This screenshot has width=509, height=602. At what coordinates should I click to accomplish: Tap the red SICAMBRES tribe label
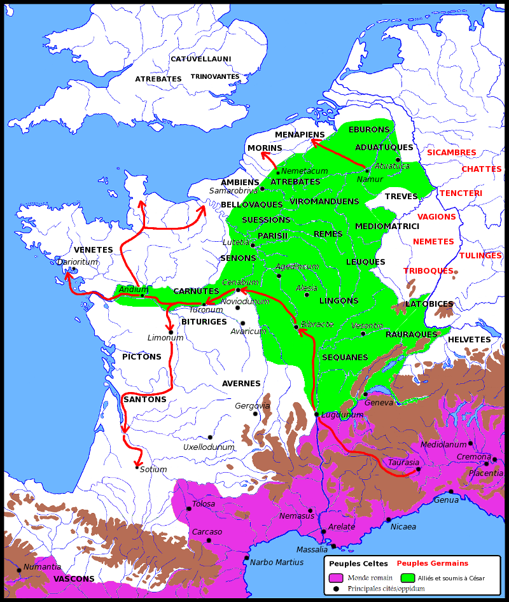coord(451,153)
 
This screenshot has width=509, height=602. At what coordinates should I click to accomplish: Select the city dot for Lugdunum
coord(316,414)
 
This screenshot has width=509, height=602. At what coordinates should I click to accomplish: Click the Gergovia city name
coord(253,406)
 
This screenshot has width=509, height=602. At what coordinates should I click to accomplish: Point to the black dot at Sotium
coord(137,468)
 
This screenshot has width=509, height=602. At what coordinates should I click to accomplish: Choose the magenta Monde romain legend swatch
coord(335,578)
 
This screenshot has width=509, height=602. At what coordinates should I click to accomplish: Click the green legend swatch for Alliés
coord(408,578)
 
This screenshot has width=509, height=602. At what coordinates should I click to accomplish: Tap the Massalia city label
coord(312,550)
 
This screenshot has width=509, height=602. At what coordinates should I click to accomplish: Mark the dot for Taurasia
coord(418,470)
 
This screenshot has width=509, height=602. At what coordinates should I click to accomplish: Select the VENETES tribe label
coord(93,250)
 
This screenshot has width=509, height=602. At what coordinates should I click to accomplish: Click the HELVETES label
coord(469,340)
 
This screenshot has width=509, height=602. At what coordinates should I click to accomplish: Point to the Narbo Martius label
coord(277,563)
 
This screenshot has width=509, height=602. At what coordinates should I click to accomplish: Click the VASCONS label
coord(74,579)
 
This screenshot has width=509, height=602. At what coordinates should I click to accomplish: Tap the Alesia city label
coord(307,288)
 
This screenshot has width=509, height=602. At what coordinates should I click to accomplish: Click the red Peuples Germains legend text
coord(432,563)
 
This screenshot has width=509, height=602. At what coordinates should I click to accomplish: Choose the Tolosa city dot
coord(188,508)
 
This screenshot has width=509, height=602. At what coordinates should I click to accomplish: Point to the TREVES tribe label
coord(401,197)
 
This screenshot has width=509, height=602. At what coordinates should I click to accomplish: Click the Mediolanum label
coord(443,445)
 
